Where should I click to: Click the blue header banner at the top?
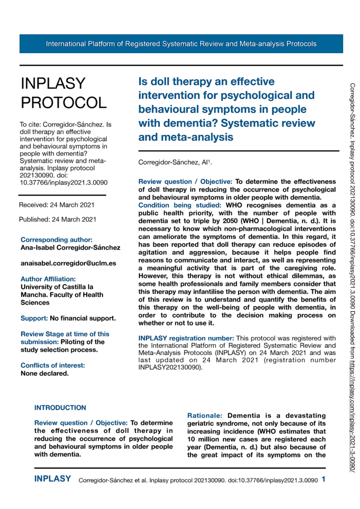(x=181, y=44)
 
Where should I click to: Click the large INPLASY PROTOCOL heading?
(x=64, y=93)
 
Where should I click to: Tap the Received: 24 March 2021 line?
(x=57, y=205)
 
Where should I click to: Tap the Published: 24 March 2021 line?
(x=58, y=219)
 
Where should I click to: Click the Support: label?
(x=34, y=318)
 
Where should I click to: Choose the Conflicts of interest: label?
(x=53, y=366)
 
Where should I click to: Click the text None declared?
(x=45, y=374)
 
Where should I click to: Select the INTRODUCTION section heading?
(x=60, y=408)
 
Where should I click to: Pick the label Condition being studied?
(x=180, y=205)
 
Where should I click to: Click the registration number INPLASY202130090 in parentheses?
(x=169, y=368)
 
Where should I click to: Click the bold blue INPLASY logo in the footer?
(x=52, y=479)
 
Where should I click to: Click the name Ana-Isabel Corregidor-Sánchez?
(x=70, y=247)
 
